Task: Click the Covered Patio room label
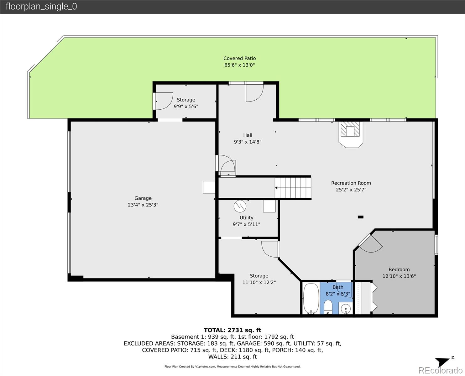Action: point(239,58)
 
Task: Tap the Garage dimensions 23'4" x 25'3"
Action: point(143,205)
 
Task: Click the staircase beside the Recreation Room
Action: point(293,188)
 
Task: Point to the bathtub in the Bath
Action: point(311,298)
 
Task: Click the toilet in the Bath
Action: point(328,307)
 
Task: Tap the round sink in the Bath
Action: point(346,308)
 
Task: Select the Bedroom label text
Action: point(399,269)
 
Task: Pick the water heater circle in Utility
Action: point(240,206)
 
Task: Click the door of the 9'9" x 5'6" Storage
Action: point(164,101)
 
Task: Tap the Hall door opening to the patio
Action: point(254,92)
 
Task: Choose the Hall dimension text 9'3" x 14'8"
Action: point(248,142)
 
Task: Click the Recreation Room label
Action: point(351,183)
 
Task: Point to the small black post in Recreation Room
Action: point(361,217)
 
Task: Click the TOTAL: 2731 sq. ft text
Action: point(232,330)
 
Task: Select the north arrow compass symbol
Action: point(443,362)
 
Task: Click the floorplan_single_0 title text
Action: point(41,7)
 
